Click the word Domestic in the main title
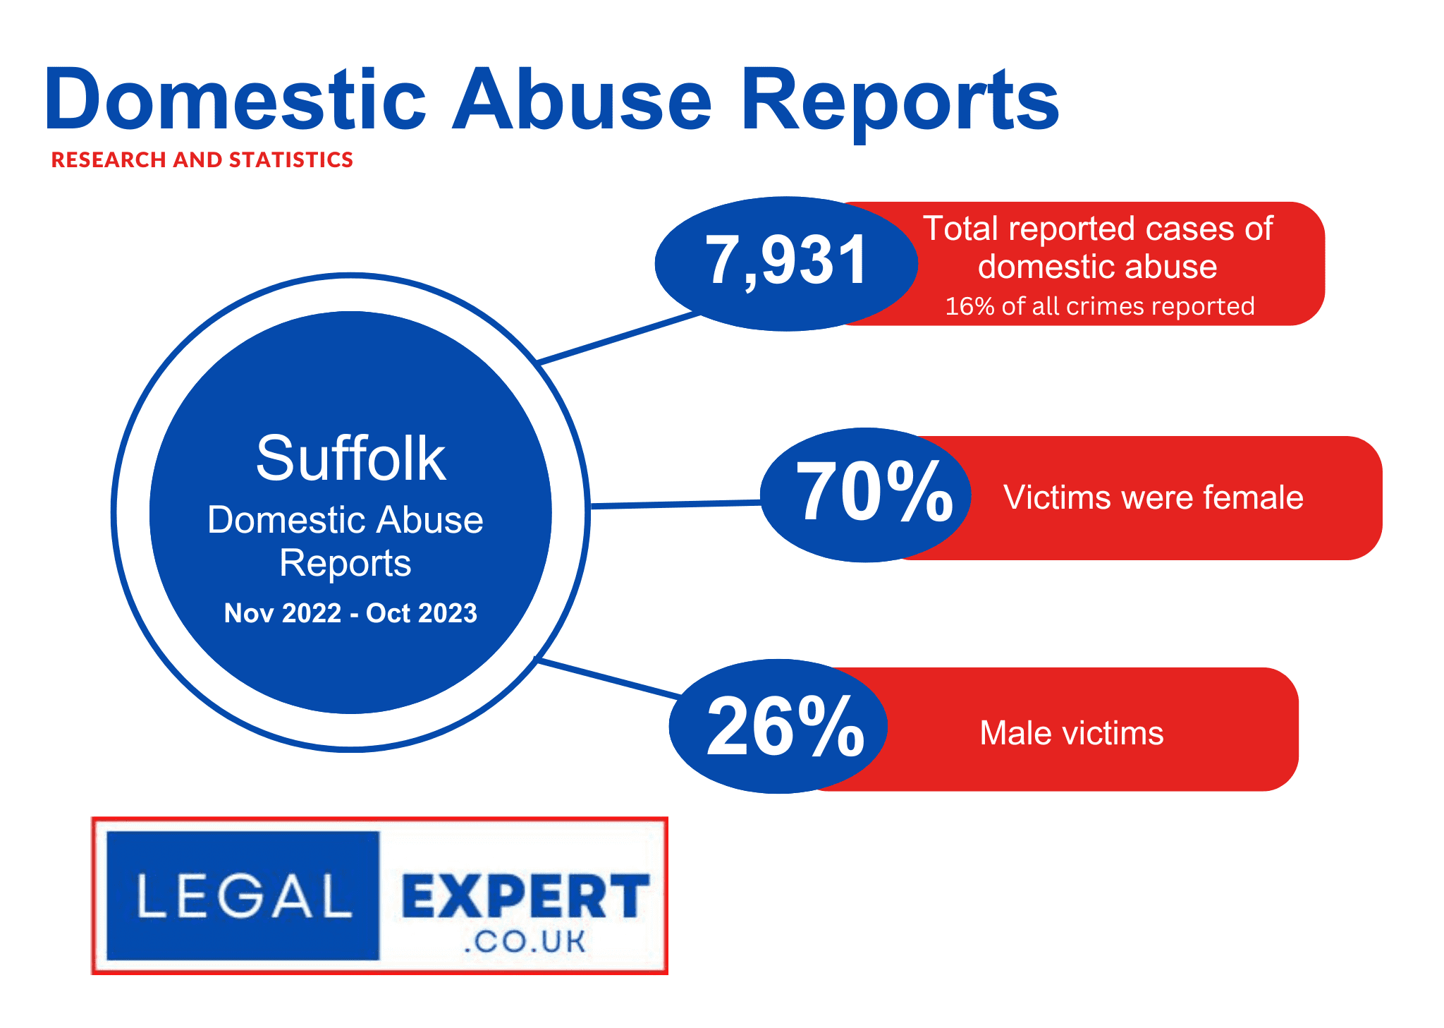235,99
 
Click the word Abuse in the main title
582,99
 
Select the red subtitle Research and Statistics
202,160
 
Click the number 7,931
786,261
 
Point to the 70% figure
874,491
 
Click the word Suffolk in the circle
350,459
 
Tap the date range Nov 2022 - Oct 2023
350,613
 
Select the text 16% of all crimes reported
1099,306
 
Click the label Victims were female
1154,497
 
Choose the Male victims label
1072,733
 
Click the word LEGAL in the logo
244,896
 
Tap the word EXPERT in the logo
525,896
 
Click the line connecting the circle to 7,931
618,339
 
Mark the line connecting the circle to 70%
675,504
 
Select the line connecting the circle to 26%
608,678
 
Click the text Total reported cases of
1098,229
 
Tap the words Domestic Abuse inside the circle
345,520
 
